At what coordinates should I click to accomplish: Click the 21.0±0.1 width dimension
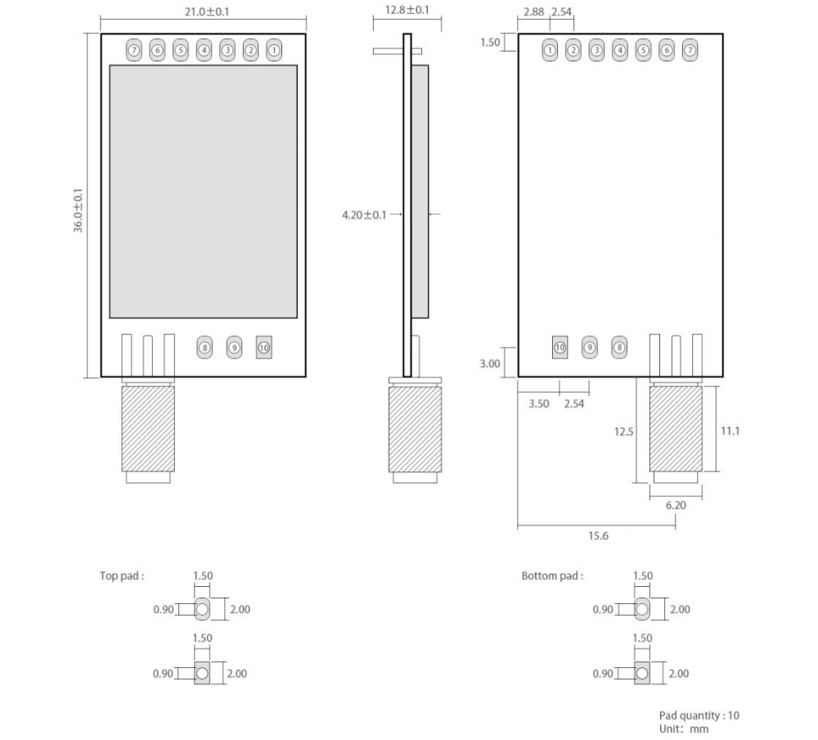[203, 13]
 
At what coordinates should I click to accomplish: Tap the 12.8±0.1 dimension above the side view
[407, 10]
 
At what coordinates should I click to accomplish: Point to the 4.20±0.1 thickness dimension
[364, 214]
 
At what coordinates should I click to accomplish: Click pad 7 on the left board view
[133, 50]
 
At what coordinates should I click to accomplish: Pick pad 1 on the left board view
[274, 50]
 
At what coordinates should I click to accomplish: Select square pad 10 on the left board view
[263, 347]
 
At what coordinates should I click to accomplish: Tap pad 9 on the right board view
[589, 347]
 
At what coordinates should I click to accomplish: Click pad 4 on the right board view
[620, 50]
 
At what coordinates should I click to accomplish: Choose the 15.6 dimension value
[598, 536]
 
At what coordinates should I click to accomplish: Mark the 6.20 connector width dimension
[676, 506]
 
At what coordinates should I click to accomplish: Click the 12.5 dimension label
[624, 431]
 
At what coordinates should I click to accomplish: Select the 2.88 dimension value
[533, 12]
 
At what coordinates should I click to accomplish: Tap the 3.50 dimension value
[538, 404]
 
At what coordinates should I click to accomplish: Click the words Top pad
[122, 575]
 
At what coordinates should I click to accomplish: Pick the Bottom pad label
[552, 575]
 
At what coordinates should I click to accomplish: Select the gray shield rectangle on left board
[204, 192]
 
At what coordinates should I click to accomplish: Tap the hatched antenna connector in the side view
[414, 430]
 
